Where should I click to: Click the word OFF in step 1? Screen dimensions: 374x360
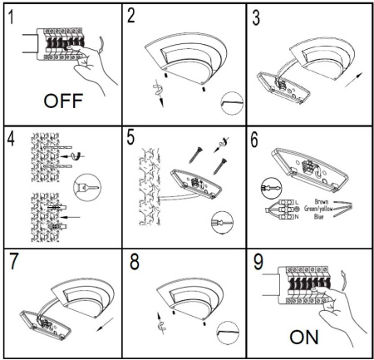[x=63, y=101]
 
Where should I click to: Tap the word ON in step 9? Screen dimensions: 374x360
[x=304, y=337]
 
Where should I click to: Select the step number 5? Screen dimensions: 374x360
[x=130, y=137]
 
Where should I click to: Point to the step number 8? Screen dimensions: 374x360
[x=135, y=262]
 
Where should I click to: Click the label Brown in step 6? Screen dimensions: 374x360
[x=322, y=201]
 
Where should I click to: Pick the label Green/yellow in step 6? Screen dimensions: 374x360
[x=318, y=209]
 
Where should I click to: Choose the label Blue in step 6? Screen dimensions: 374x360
[x=319, y=216]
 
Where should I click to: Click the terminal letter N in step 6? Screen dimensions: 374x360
[x=297, y=217]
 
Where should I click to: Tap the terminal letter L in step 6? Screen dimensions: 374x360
[x=297, y=202]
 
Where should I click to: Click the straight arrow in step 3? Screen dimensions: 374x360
[x=353, y=80]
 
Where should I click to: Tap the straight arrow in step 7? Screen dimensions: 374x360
[x=105, y=324]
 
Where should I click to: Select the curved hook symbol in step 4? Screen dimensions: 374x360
[x=78, y=156]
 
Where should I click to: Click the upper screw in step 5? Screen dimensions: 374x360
[x=195, y=155]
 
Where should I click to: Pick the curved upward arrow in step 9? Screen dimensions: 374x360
[x=343, y=279]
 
